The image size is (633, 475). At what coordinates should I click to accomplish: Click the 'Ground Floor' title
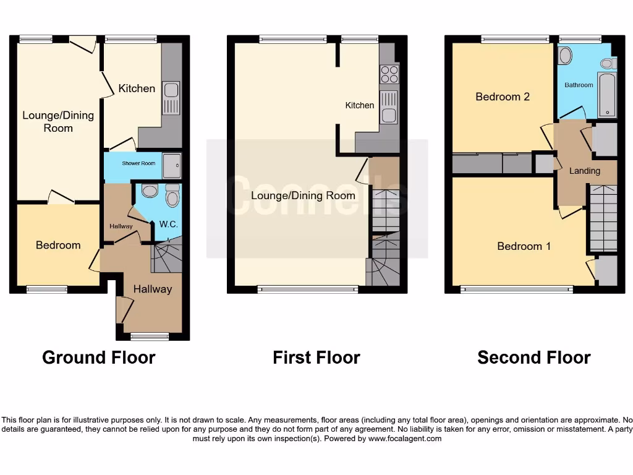pos(98,357)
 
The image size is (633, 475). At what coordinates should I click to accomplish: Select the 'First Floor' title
pos(316,357)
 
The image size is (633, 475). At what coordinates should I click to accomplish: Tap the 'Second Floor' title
pos(533,357)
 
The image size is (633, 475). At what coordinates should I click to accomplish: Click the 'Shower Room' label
pos(138,163)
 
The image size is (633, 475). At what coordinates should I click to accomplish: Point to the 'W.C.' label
pos(169,225)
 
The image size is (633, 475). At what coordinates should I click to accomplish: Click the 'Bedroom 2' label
pos(502,96)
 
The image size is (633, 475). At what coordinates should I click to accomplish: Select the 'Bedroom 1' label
pos(524,246)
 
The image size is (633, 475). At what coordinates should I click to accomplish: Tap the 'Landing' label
pos(584,171)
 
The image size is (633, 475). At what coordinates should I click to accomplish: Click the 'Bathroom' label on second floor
pos(579,85)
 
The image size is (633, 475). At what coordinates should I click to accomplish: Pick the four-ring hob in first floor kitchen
pos(389,74)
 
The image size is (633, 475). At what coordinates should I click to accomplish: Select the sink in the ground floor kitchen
pos(171,98)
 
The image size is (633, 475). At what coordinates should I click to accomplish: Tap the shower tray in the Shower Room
pos(172,165)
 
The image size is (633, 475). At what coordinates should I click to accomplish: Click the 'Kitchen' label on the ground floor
pos(137,88)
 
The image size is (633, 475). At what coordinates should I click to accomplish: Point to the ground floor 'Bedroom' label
pos(58,245)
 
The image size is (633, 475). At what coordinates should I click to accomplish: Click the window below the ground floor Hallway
pos(150,336)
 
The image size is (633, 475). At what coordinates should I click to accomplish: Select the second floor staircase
pos(603,216)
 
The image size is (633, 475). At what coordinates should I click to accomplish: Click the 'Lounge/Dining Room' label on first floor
pos(303,195)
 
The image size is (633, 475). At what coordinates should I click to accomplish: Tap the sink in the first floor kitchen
pos(389,108)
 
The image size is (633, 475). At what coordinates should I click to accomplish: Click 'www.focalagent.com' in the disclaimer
pos(405,439)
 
